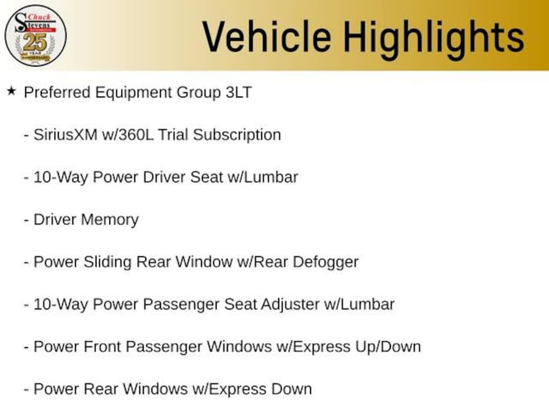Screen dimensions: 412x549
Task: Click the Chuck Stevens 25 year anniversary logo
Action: [x=35, y=35]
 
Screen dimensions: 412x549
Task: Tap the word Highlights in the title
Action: [x=433, y=37]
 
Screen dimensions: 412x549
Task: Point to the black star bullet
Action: [x=11, y=91]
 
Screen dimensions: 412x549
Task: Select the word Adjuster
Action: [x=290, y=304]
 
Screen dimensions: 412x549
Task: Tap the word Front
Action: [x=111, y=347]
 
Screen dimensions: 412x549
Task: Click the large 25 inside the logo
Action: [x=35, y=42]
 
